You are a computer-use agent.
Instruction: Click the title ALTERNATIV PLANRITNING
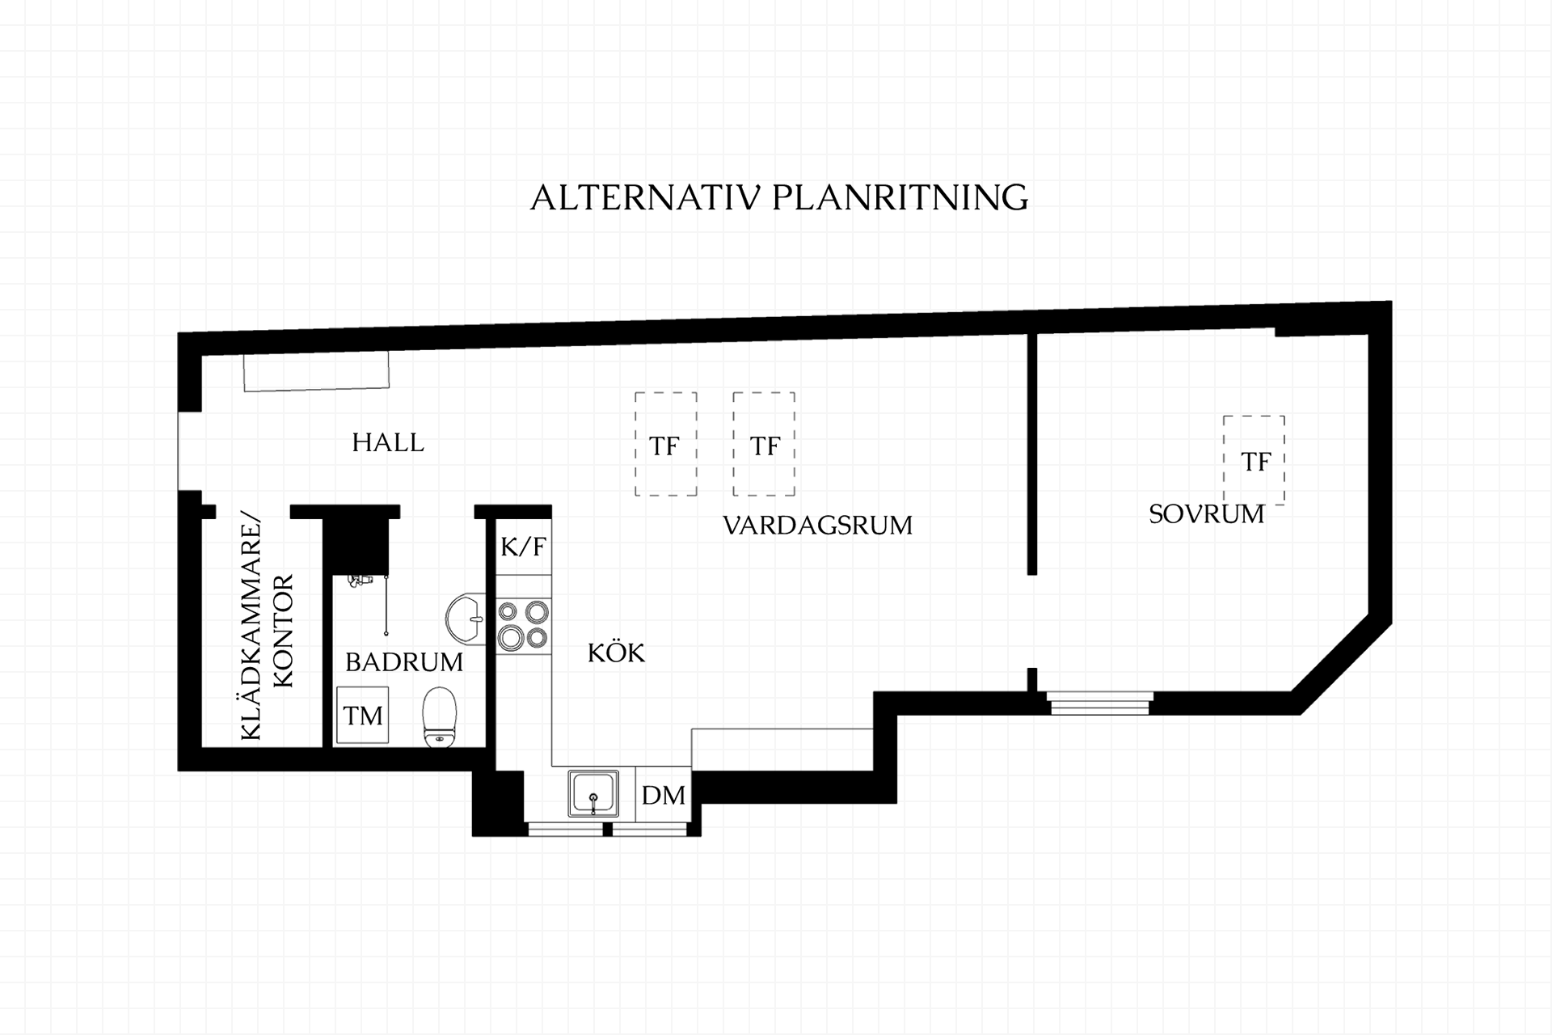click(779, 197)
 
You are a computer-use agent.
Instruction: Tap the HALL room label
click(388, 442)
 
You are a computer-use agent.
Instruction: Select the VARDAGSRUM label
click(817, 526)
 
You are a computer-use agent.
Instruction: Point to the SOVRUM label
click(1206, 514)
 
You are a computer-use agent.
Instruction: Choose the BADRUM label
click(404, 662)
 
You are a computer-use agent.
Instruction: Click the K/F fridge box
click(524, 547)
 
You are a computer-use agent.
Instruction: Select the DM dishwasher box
click(664, 795)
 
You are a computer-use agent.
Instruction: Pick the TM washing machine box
click(363, 716)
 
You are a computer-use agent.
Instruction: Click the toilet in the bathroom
click(440, 717)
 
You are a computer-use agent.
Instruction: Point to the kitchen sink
click(593, 793)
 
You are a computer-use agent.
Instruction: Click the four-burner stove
click(524, 626)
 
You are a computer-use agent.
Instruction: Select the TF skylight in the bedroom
click(1254, 459)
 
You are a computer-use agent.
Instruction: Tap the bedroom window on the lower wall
click(1099, 703)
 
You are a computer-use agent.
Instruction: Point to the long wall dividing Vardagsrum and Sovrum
click(1032, 454)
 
